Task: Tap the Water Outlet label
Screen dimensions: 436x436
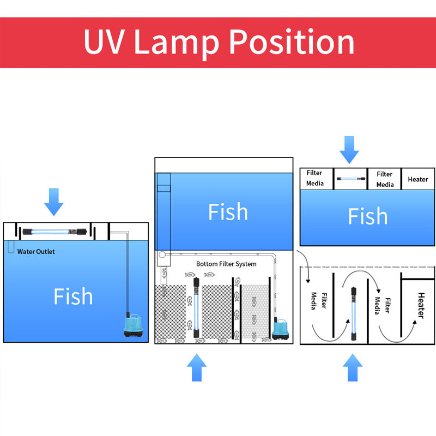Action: pyautogui.click(x=36, y=252)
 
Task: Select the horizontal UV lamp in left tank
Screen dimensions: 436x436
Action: pyautogui.click(x=55, y=232)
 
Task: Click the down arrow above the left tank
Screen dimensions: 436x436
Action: pyautogui.click(x=53, y=201)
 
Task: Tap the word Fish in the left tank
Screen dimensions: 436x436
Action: pyautogui.click(x=73, y=296)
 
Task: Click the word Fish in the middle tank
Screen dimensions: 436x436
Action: pyautogui.click(x=228, y=212)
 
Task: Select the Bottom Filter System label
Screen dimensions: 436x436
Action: pyautogui.click(x=226, y=264)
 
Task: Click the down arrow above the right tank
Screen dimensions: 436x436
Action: pyautogui.click(x=349, y=149)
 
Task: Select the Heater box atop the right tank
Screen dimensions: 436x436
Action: pyautogui.click(x=418, y=179)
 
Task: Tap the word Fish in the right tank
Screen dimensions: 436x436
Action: pyautogui.click(x=368, y=216)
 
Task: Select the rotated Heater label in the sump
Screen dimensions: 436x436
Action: pyautogui.click(x=420, y=305)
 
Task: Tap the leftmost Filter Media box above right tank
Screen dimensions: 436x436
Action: pyautogui.click(x=314, y=179)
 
